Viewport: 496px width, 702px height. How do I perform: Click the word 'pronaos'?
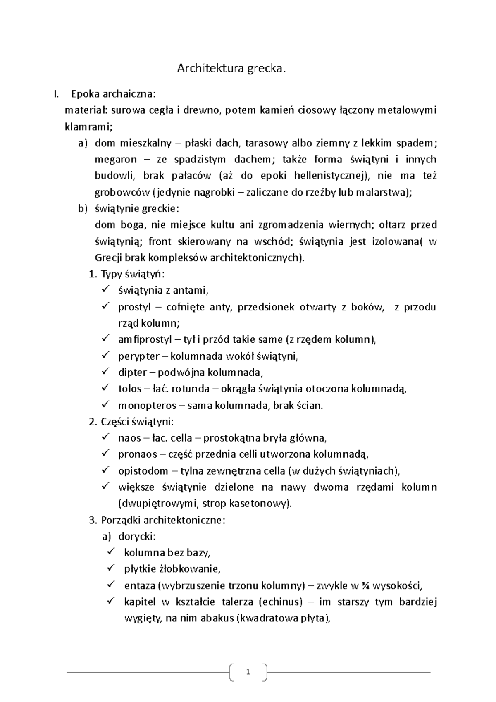pyautogui.click(x=138, y=455)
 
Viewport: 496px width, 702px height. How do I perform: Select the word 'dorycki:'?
pyautogui.click(x=137, y=537)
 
